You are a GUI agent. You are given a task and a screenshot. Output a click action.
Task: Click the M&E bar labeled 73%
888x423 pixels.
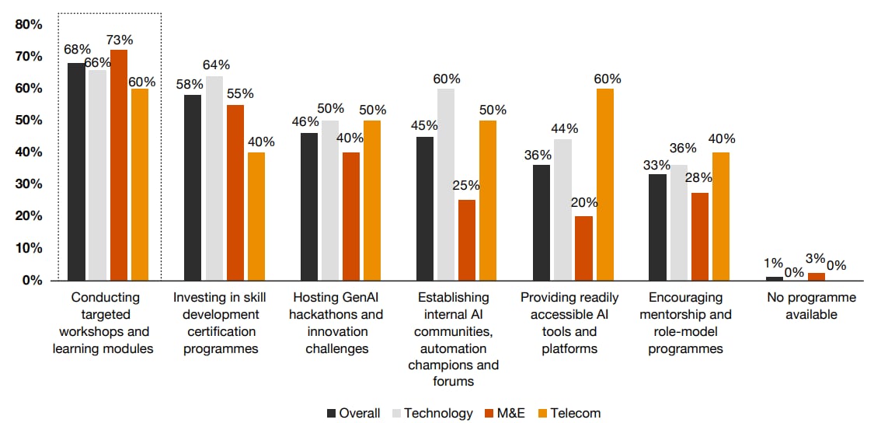coord(119,164)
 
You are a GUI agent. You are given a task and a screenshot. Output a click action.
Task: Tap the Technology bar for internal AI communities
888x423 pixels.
coord(446,184)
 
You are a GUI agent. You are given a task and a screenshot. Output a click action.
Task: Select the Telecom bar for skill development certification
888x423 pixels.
coord(256,216)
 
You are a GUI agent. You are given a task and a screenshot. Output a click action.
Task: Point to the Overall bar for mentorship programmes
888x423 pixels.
coord(657,227)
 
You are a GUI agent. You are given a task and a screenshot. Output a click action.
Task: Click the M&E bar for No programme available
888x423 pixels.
coord(816,276)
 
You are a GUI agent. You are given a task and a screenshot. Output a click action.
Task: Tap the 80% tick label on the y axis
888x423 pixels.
coord(29,25)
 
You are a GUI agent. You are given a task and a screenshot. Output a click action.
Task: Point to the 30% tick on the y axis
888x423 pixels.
coord(29,184)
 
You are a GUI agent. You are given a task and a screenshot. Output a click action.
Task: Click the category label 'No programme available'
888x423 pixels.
coord(811,306)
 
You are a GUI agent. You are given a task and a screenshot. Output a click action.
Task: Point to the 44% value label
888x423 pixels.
coord(565,128)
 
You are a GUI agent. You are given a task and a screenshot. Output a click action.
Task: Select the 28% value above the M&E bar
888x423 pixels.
coord(698,177)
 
